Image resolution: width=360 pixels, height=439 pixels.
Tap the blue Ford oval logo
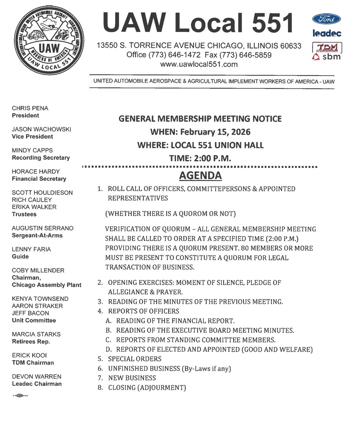point(327,19)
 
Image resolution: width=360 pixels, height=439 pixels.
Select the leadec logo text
point(327,33)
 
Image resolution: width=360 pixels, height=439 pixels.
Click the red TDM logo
point(327,48)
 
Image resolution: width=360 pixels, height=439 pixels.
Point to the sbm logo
point(327,57)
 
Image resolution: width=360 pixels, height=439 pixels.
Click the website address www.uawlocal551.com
point(199,64)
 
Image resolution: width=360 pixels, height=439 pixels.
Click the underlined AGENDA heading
point(200,176)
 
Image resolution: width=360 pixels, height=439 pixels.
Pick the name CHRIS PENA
point(30,108)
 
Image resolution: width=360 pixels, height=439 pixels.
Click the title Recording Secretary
point(41,158)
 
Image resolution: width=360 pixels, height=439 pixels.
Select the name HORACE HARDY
point(36,172)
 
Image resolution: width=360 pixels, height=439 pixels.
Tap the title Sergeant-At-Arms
point(37,235)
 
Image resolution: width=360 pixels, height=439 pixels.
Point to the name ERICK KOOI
point(29,355)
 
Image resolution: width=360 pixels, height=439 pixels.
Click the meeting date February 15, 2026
point(215,132)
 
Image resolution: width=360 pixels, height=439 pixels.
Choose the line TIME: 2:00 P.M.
point(200,158)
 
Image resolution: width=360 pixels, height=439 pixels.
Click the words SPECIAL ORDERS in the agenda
point(135,359)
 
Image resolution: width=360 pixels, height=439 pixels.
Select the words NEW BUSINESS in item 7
point(132,378)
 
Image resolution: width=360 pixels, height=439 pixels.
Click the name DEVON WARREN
point(37,377)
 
